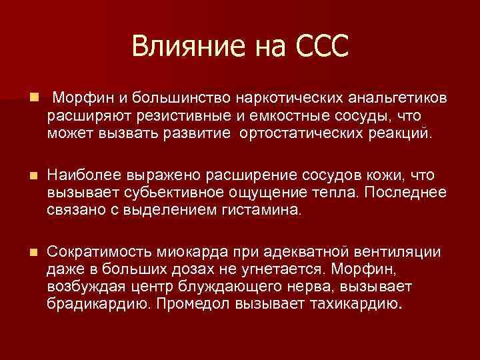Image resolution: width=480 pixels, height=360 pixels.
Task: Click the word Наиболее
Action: tap(84, 175)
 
